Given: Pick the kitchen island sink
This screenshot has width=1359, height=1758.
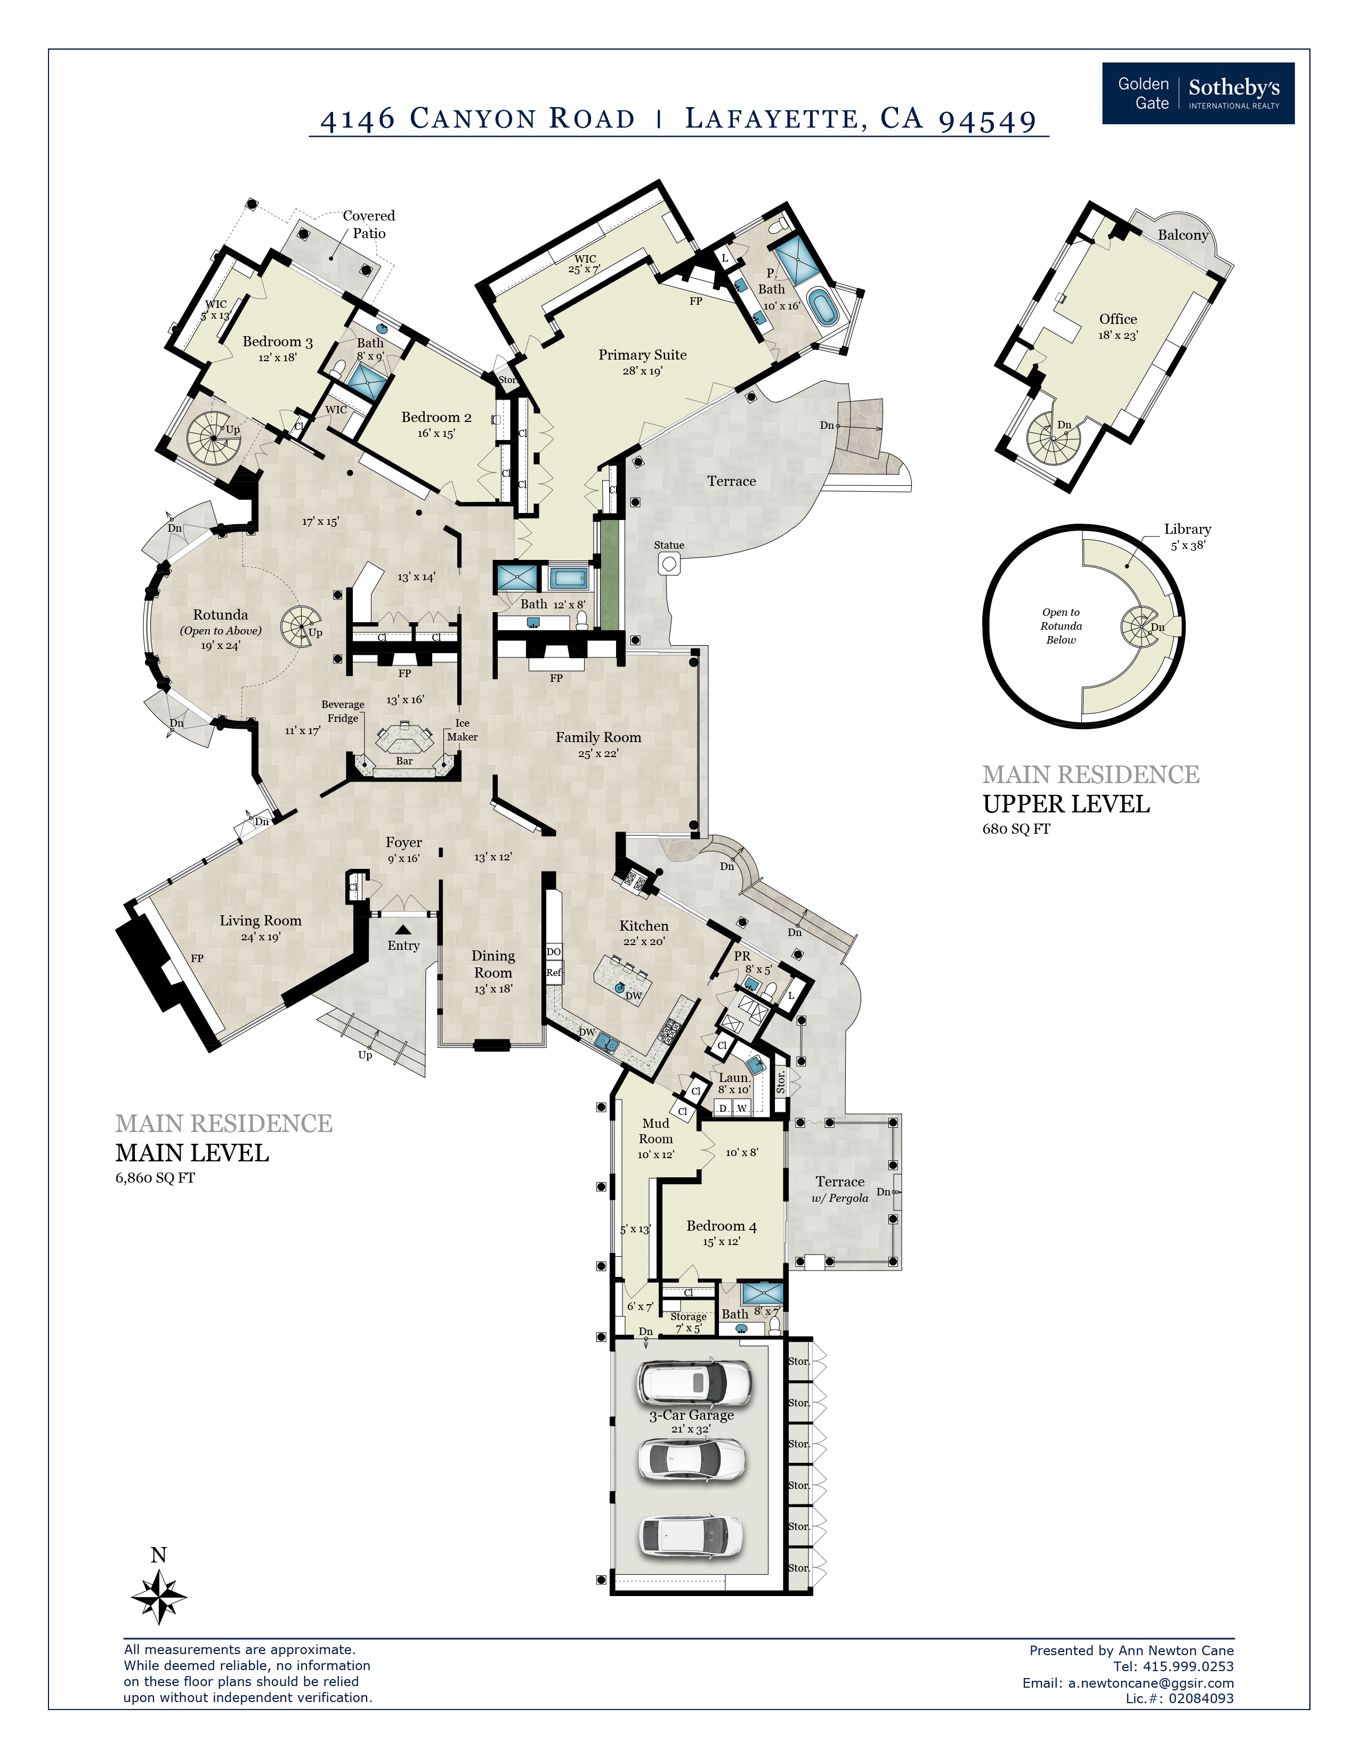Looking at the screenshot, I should [619, 988].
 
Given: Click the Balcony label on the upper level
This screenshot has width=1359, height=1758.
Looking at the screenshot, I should [1183, 235].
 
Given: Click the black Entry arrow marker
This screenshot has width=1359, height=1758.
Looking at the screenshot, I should [402, 930].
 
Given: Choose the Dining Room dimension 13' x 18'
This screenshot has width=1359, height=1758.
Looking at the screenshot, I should [493, 989].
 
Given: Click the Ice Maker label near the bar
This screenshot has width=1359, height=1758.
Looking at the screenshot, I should [462, 730].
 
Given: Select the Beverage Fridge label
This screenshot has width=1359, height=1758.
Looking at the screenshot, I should [343, 712].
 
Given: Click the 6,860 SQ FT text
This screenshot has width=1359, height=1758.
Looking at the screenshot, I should [155, 1178].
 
